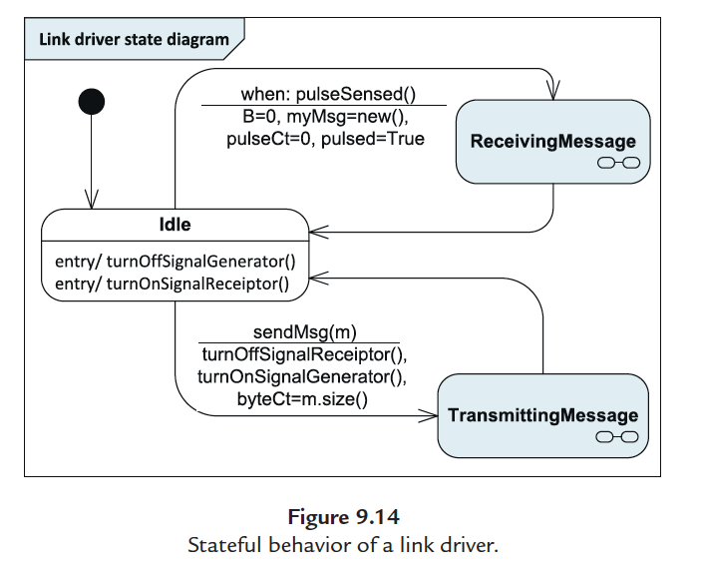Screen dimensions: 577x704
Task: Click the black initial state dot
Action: click(91, 101)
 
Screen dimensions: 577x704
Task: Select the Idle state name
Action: click(175, 225)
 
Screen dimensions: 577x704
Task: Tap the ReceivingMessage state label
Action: click(552, 141)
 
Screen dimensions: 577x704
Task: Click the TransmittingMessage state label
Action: click(542, 415)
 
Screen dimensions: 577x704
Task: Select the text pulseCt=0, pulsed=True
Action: click(325, 139)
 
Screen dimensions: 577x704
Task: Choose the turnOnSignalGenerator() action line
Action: click(303, 376)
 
